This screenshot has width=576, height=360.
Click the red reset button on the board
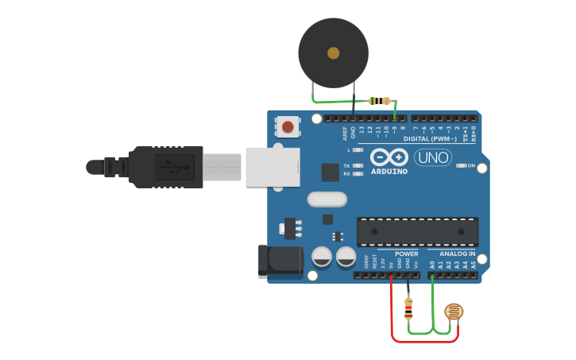288,126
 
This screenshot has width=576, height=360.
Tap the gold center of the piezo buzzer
333,52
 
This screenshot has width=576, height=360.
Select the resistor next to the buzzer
381,101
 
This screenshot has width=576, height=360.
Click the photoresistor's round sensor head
454,312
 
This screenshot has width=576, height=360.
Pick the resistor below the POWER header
409,307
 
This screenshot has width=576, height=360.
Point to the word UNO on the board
433,157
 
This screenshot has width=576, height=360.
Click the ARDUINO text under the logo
389,172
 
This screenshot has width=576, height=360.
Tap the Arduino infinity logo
389,157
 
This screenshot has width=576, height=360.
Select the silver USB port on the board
273,167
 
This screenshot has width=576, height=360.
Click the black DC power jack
280,261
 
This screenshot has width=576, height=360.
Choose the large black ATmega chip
417,231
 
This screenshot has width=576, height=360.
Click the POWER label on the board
407,254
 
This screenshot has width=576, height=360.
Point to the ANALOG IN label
457,254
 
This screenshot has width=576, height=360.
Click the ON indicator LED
461,165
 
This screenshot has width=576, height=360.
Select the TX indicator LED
358,165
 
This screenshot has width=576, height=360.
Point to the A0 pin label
431,264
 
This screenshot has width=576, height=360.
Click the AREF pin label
345,132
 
